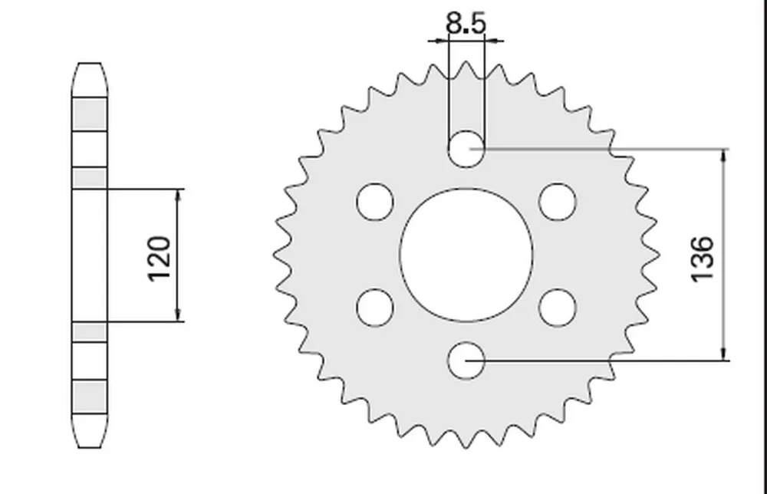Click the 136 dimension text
tap(702, 259)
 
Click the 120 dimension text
tap(160, 259)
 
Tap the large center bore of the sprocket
tap(466, 255)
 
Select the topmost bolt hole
tap(466, 149)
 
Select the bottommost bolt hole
tap(466, 361)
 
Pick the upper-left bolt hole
tap(375, 202)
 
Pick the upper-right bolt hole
tap(558, 202)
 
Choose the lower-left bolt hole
tap(375, 308)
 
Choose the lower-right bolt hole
tap(558, 308)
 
